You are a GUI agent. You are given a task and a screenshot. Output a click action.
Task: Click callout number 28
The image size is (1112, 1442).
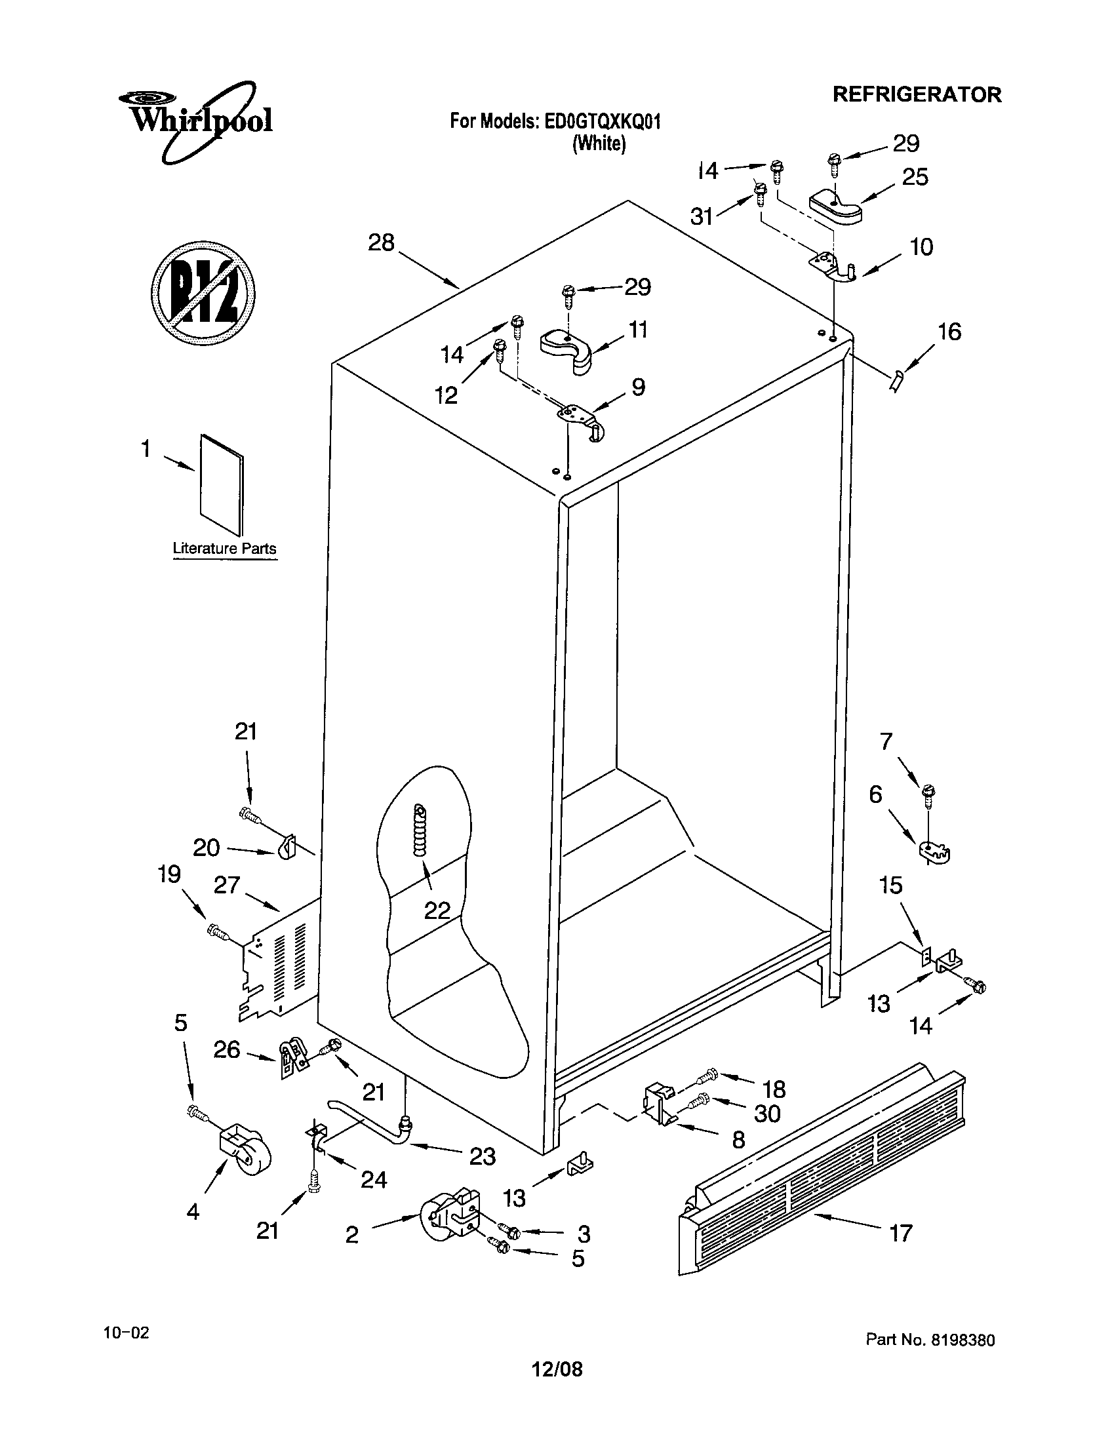(381, 243)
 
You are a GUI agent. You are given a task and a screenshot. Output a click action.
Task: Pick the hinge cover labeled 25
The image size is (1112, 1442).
(835, 206)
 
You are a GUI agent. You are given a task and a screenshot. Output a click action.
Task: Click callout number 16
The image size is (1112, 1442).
(949, 332)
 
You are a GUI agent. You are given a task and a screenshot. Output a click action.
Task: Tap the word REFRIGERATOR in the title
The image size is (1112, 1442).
(917, 94)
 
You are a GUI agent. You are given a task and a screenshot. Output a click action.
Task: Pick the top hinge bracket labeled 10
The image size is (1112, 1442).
(833, 268)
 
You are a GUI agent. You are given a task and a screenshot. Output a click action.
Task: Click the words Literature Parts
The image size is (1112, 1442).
(224, 549)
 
